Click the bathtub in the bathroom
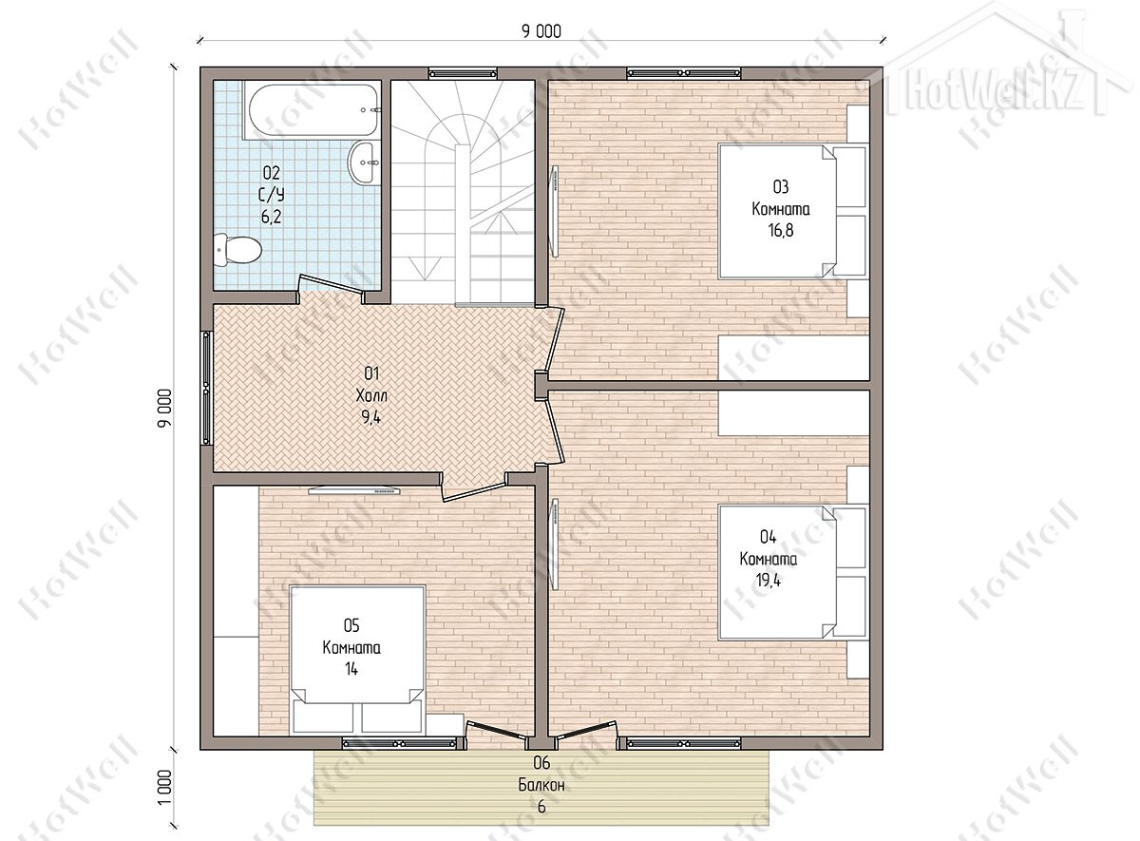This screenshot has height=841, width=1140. tap(312, 110)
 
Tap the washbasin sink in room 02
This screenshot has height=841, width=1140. tap(364, 162)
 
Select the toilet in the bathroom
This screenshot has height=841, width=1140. tap(237, 250)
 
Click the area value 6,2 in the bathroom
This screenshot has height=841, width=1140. tap(272, 217)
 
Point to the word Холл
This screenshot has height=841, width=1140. tap(371, 395)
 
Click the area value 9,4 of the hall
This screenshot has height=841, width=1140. tap(371, 417)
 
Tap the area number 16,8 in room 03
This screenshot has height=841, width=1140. tap(781, 231)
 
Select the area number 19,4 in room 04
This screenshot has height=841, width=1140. tap(768, 581)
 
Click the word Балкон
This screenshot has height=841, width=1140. tap(541, 785)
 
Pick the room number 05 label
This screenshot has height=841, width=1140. tap(351, 625)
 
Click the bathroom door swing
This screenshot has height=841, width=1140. tap(331, 288)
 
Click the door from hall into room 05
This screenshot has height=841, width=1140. tap(474, 487)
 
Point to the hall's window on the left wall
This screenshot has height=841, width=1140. tap(206, 389)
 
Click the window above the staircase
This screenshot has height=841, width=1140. tap(463, 73)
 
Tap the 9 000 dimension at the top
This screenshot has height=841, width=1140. tap(541, 31)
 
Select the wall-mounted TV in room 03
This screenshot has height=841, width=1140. tap(554, 211)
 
